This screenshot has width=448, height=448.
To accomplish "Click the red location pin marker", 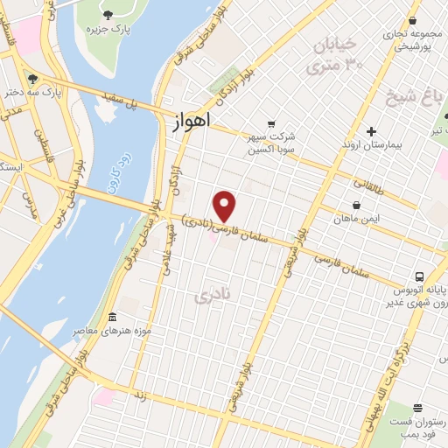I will tap(226, 206).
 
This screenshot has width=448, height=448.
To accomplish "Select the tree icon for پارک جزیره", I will tap(108, 15).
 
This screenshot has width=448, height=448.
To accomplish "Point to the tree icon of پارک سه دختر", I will tap(32, 77).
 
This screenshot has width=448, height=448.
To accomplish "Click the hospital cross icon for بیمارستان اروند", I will tap(371, 130).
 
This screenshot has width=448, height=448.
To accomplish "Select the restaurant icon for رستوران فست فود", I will tap(418, 408).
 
